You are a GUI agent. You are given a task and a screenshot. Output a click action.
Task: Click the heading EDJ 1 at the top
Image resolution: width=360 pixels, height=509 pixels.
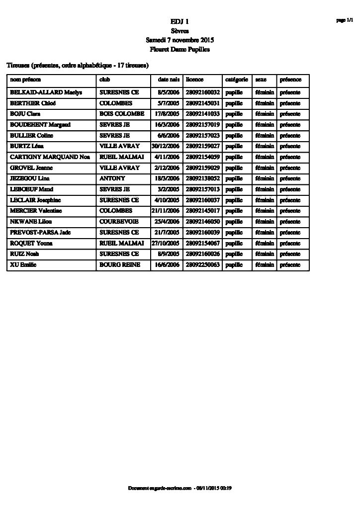pos(180,21)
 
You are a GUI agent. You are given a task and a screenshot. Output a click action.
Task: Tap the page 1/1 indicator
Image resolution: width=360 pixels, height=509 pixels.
pos(344,20)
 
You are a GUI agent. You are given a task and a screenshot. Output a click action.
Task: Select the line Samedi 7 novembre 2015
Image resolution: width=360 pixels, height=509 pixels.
pos(180,40)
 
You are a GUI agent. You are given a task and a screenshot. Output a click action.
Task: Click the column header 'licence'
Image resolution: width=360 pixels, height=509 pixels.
pos(195,80)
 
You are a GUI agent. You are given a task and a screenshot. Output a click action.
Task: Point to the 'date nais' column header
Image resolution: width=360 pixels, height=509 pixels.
pos(168,80)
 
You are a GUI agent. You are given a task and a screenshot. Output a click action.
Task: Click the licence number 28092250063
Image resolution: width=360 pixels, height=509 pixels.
pos(202,265)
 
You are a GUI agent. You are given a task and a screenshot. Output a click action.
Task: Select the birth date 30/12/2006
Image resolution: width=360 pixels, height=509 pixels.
pos(166,146)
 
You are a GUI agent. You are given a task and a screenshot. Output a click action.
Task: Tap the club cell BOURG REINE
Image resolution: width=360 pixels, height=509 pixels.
pos(119,265)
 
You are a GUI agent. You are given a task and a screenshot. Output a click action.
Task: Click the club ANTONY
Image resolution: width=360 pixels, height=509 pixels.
pos(112,178)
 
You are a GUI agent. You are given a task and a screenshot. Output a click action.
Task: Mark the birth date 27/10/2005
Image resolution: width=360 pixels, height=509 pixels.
pos(166,244)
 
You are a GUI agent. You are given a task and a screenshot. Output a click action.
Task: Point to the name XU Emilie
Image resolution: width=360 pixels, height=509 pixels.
pos(23,265)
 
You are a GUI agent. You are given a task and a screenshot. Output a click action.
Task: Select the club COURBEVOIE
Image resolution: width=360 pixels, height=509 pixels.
pos(118,222)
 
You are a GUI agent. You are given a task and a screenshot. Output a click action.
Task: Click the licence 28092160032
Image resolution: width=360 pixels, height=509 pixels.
pos(202,92)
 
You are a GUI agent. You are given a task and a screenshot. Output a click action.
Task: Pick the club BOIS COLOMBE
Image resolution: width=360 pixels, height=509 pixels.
pos(122,114)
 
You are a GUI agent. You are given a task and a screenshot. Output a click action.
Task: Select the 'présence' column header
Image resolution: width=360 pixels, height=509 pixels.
pos(290,80)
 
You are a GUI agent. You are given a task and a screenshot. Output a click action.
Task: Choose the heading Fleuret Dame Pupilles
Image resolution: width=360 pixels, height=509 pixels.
pos(180,50)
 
